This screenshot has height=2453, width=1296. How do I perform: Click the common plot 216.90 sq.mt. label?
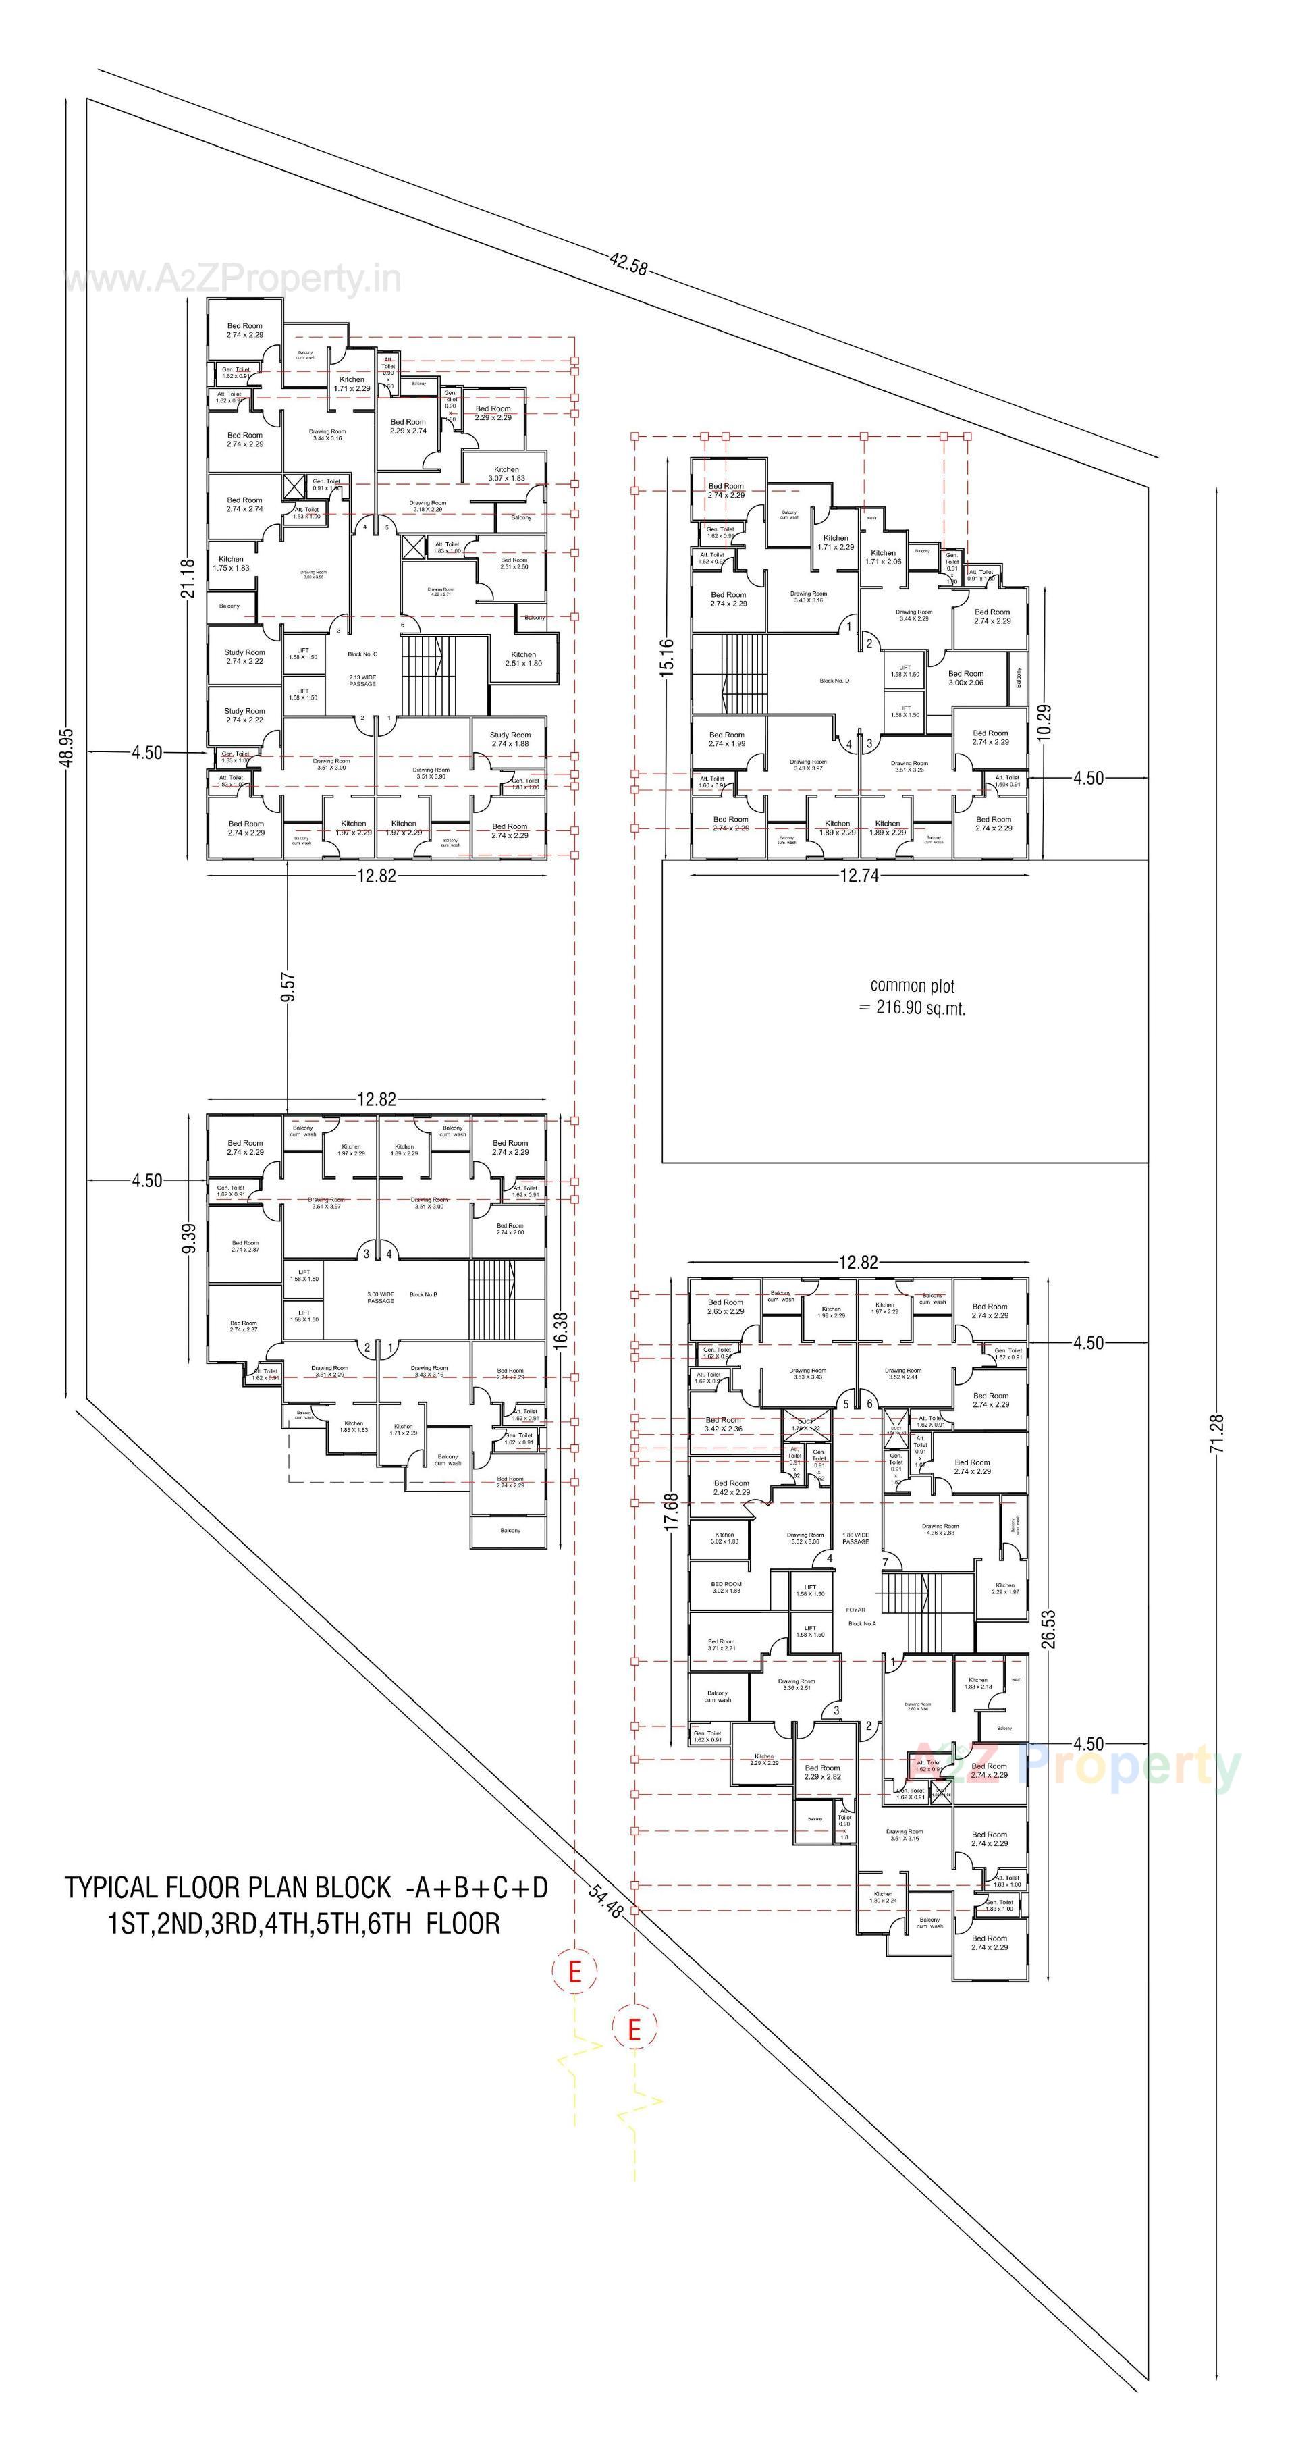(x=912, y=997)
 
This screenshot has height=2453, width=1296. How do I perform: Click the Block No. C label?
(x=362, y=654)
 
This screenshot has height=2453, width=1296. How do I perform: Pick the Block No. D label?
(x=834, y=681)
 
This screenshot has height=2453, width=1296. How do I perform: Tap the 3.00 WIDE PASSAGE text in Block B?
(x=380, y=1297)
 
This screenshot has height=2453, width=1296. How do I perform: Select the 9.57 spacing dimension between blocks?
(x=288, y=986)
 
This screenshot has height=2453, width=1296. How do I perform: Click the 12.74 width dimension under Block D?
(x=858, y=876)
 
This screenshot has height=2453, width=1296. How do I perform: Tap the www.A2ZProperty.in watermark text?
(x=232, y=280)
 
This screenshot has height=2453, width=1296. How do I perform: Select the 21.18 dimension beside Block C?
(x=188, y=578)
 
